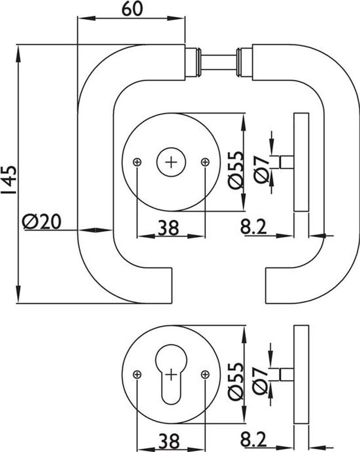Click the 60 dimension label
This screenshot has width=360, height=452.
tap(132, 9)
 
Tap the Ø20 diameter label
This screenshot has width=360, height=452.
tap(42, 222)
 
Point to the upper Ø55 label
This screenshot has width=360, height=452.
tap(236, 170)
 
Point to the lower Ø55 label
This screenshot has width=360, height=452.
tap(236, 381)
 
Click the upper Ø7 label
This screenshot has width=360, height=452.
tap(261, 169)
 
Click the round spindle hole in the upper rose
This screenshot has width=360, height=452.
tap(171, 162)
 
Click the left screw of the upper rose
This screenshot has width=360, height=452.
tap(137, 162)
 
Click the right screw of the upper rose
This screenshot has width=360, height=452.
tap(205, 162)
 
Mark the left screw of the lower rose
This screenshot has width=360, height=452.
tap(137, 375)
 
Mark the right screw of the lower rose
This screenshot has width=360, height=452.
tap(205, 375)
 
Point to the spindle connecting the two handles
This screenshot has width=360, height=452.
tap(219, 62)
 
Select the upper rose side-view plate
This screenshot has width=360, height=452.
tap(301, 162)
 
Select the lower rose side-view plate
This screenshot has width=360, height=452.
tap(301, 375)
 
